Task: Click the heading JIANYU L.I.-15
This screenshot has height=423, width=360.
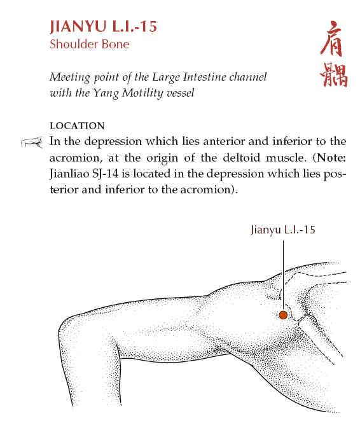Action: pos(103,27)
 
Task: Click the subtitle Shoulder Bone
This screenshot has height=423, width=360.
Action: pos(89,44)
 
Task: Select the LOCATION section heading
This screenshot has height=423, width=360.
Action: pos(76,126)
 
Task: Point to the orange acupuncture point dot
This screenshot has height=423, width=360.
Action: pos(283,315)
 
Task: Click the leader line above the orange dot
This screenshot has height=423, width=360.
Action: pos(283,274)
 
